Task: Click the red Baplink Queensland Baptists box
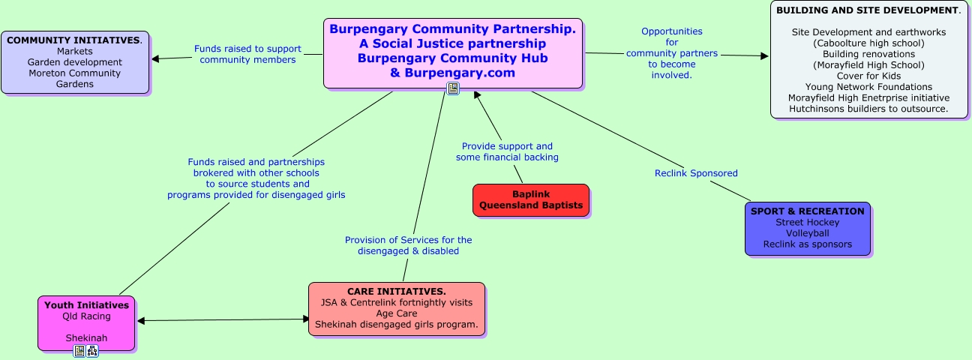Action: click(x=530, y=199)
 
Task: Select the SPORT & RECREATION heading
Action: click(x=807, y=211)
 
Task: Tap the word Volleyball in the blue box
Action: click(x=807, y=233)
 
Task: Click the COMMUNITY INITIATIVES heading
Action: click(x=73, y=40)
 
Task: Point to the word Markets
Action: click(x=75, y=51)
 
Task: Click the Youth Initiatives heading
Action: click(x=86, y=305)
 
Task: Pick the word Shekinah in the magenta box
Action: click(x=86, y=338)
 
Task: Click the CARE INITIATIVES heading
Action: click(x=396, y=291)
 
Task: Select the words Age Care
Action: click(x=396, y=313)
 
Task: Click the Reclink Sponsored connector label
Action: click(x=696, y=173)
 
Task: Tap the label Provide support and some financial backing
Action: click(x=507, y=151)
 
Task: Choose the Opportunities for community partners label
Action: click(x=672, y=53)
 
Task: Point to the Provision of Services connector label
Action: click(x=408, y=245)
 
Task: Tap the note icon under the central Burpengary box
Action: click(x=453, y=88)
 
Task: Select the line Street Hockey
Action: click(x=807, y=222)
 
